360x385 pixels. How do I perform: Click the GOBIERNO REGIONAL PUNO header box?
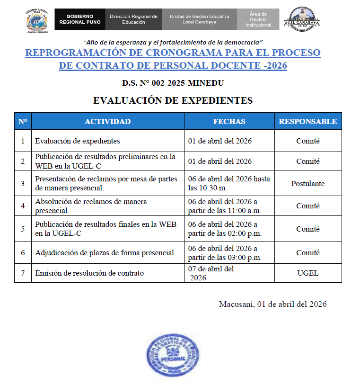point(80,19)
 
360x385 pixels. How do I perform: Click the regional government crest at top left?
point(38,20)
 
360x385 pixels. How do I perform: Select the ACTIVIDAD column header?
point(107,121)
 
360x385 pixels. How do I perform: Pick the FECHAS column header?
point(229,121)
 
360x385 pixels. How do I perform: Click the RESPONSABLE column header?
point(307,121)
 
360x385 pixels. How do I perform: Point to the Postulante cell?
point(307,183)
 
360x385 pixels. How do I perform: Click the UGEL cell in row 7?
point(307,273)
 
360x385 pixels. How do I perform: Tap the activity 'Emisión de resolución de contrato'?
point(89,273)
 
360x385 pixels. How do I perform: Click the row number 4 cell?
point(23,206)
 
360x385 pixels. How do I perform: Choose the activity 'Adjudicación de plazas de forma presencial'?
point(105,253)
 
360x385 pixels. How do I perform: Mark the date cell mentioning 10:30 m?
point(229,183)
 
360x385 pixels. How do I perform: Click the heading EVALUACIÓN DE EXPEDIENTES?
point(173,100)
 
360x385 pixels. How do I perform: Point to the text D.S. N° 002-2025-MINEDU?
point(173,83)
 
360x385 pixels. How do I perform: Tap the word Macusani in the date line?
point(236,304)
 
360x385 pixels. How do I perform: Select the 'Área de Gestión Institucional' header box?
point(258,19)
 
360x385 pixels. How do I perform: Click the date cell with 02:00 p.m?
point(229,229)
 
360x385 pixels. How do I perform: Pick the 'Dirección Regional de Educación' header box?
point(133,19)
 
